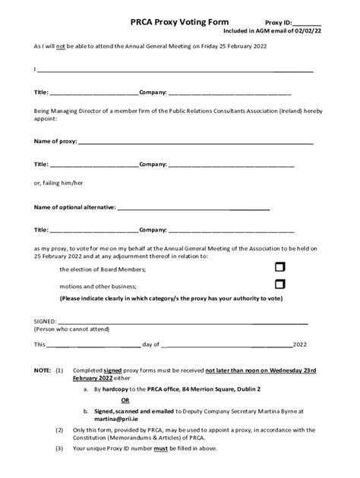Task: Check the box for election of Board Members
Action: [x=279, y=267]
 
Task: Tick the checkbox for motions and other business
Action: [x=279, y=285]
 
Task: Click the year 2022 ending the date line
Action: [x=301, y=344]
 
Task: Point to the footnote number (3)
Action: [x=60, y=448]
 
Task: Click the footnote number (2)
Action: [x=60, y=429]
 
